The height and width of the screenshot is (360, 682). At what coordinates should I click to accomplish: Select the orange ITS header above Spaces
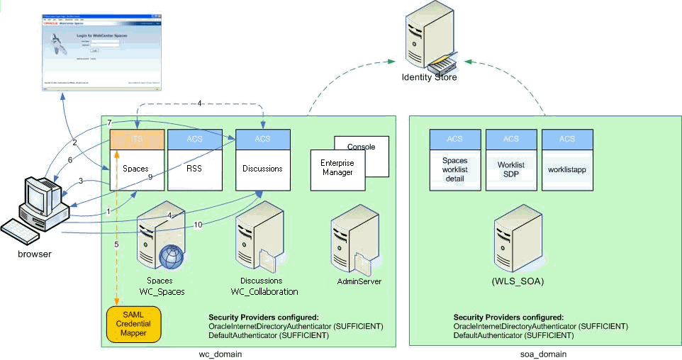(137, 139)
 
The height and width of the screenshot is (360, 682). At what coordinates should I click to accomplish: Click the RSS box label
(195, 169)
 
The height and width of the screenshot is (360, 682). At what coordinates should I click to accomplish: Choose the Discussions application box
(263, 169)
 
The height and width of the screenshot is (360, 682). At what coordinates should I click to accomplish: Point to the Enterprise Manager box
(337, 167)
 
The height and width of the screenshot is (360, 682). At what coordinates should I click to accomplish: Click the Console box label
(362, 147)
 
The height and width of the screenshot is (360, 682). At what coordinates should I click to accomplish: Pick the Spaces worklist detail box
(454, 169)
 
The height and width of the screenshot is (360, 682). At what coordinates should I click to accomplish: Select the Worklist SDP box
(510, 169)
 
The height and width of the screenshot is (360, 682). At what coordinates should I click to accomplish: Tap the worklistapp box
(566, 169)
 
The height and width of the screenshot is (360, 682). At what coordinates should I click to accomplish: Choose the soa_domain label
(543, 354)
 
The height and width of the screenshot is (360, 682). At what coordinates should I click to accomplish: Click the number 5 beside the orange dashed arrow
(116, 244)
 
